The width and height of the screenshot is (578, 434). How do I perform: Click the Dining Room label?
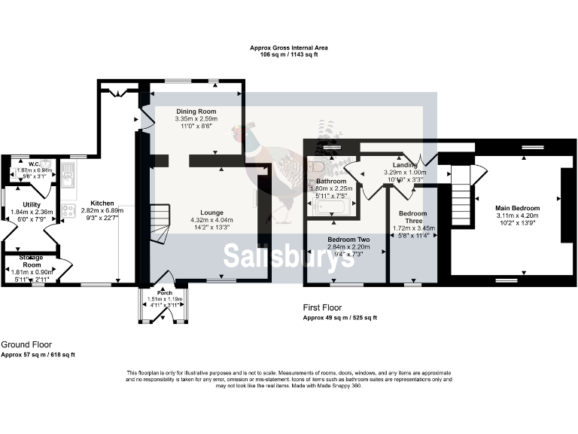pos(196,111)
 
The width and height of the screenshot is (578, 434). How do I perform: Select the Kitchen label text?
pos(102,203)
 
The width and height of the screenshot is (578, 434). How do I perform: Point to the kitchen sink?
pos(68,179)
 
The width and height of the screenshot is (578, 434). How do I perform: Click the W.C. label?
pos(34,164)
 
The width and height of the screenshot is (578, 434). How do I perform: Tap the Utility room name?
pos(32,204)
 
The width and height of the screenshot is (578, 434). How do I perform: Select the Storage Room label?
pos(32,261)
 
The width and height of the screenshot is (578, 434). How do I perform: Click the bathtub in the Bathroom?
pos(330,206)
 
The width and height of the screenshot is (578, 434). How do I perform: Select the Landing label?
pos(405,165)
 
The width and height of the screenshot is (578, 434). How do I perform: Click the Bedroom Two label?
pos(348,240)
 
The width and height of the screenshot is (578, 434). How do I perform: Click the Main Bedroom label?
pos(517,208)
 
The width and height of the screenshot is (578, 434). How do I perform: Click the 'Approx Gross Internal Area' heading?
pos(289,47)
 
